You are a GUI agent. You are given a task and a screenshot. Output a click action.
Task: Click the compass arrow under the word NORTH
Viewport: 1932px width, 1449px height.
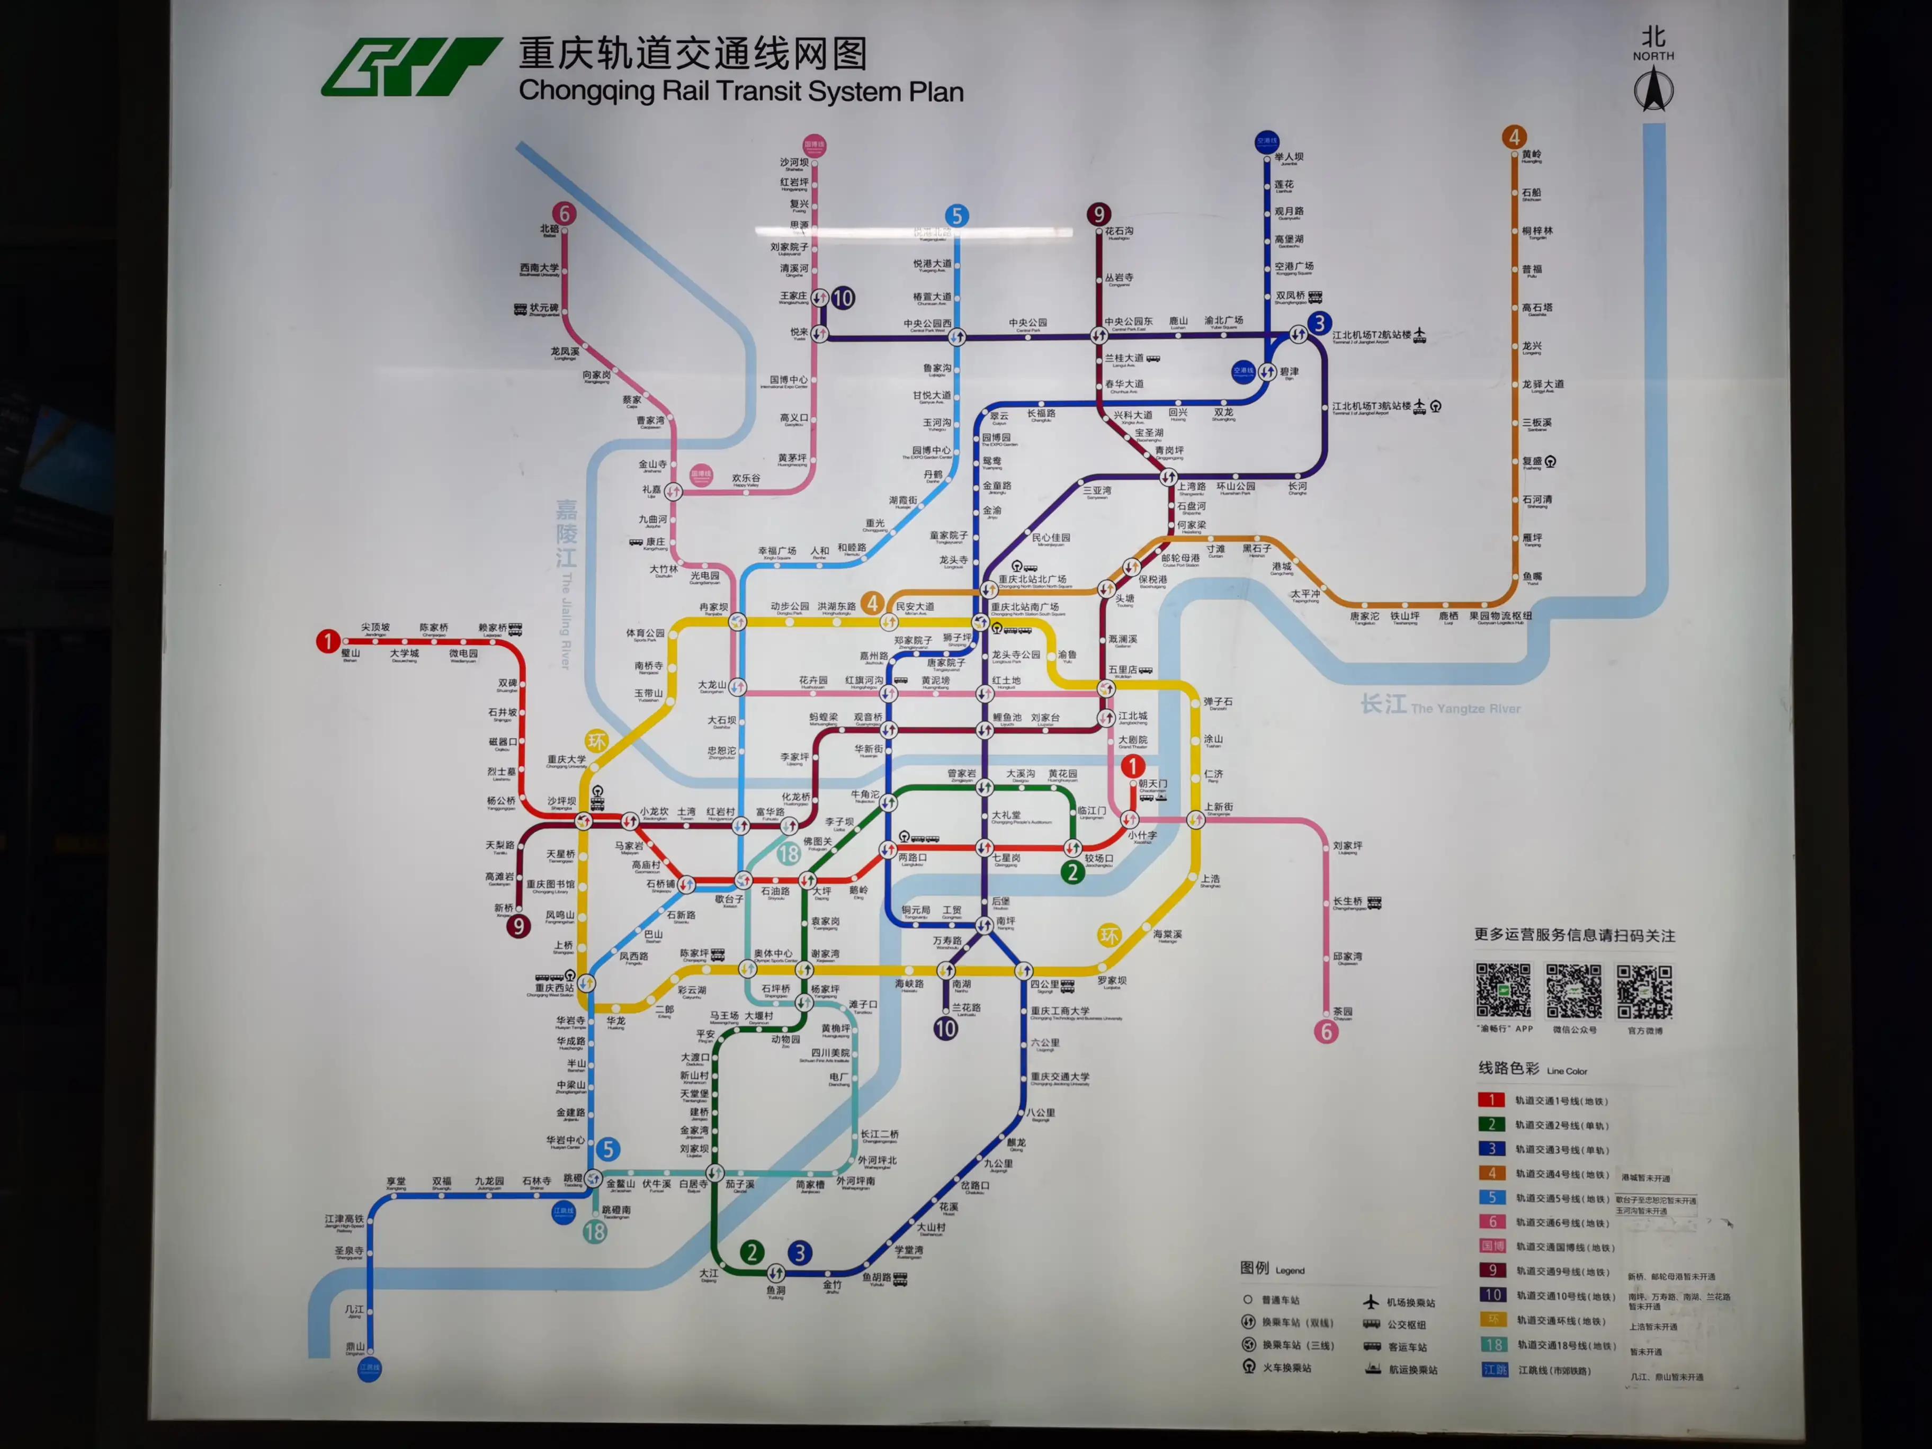[1653, 90]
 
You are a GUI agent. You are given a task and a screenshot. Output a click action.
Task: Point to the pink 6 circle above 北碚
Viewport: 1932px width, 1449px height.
[564, 213]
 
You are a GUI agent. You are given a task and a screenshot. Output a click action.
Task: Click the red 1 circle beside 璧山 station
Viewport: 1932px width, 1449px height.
[327, 641]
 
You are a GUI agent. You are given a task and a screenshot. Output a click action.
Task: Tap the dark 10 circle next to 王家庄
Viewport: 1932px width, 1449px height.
[842, 298]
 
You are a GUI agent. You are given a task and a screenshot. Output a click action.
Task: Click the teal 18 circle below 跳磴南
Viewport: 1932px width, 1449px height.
[595, 1231]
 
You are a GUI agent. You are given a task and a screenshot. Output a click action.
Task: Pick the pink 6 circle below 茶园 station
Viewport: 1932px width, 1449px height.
[1326, 1032]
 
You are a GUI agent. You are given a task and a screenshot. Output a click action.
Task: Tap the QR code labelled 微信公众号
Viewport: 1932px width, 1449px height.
[1574, 991]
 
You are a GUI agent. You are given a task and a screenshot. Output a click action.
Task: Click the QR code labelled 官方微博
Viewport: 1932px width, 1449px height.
[1644, 991]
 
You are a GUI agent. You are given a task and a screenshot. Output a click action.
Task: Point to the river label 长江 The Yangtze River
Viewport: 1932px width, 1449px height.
[1439, 705]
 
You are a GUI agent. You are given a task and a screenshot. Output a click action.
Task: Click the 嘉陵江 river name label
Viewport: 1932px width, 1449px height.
[566, 533]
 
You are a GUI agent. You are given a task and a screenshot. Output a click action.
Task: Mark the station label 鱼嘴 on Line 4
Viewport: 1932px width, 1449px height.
[1532, 576]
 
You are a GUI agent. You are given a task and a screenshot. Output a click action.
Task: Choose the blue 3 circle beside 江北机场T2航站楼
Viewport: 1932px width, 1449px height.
[1319, 323]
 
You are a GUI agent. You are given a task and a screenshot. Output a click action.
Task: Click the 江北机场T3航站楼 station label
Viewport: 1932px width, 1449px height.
[1371, 407]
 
